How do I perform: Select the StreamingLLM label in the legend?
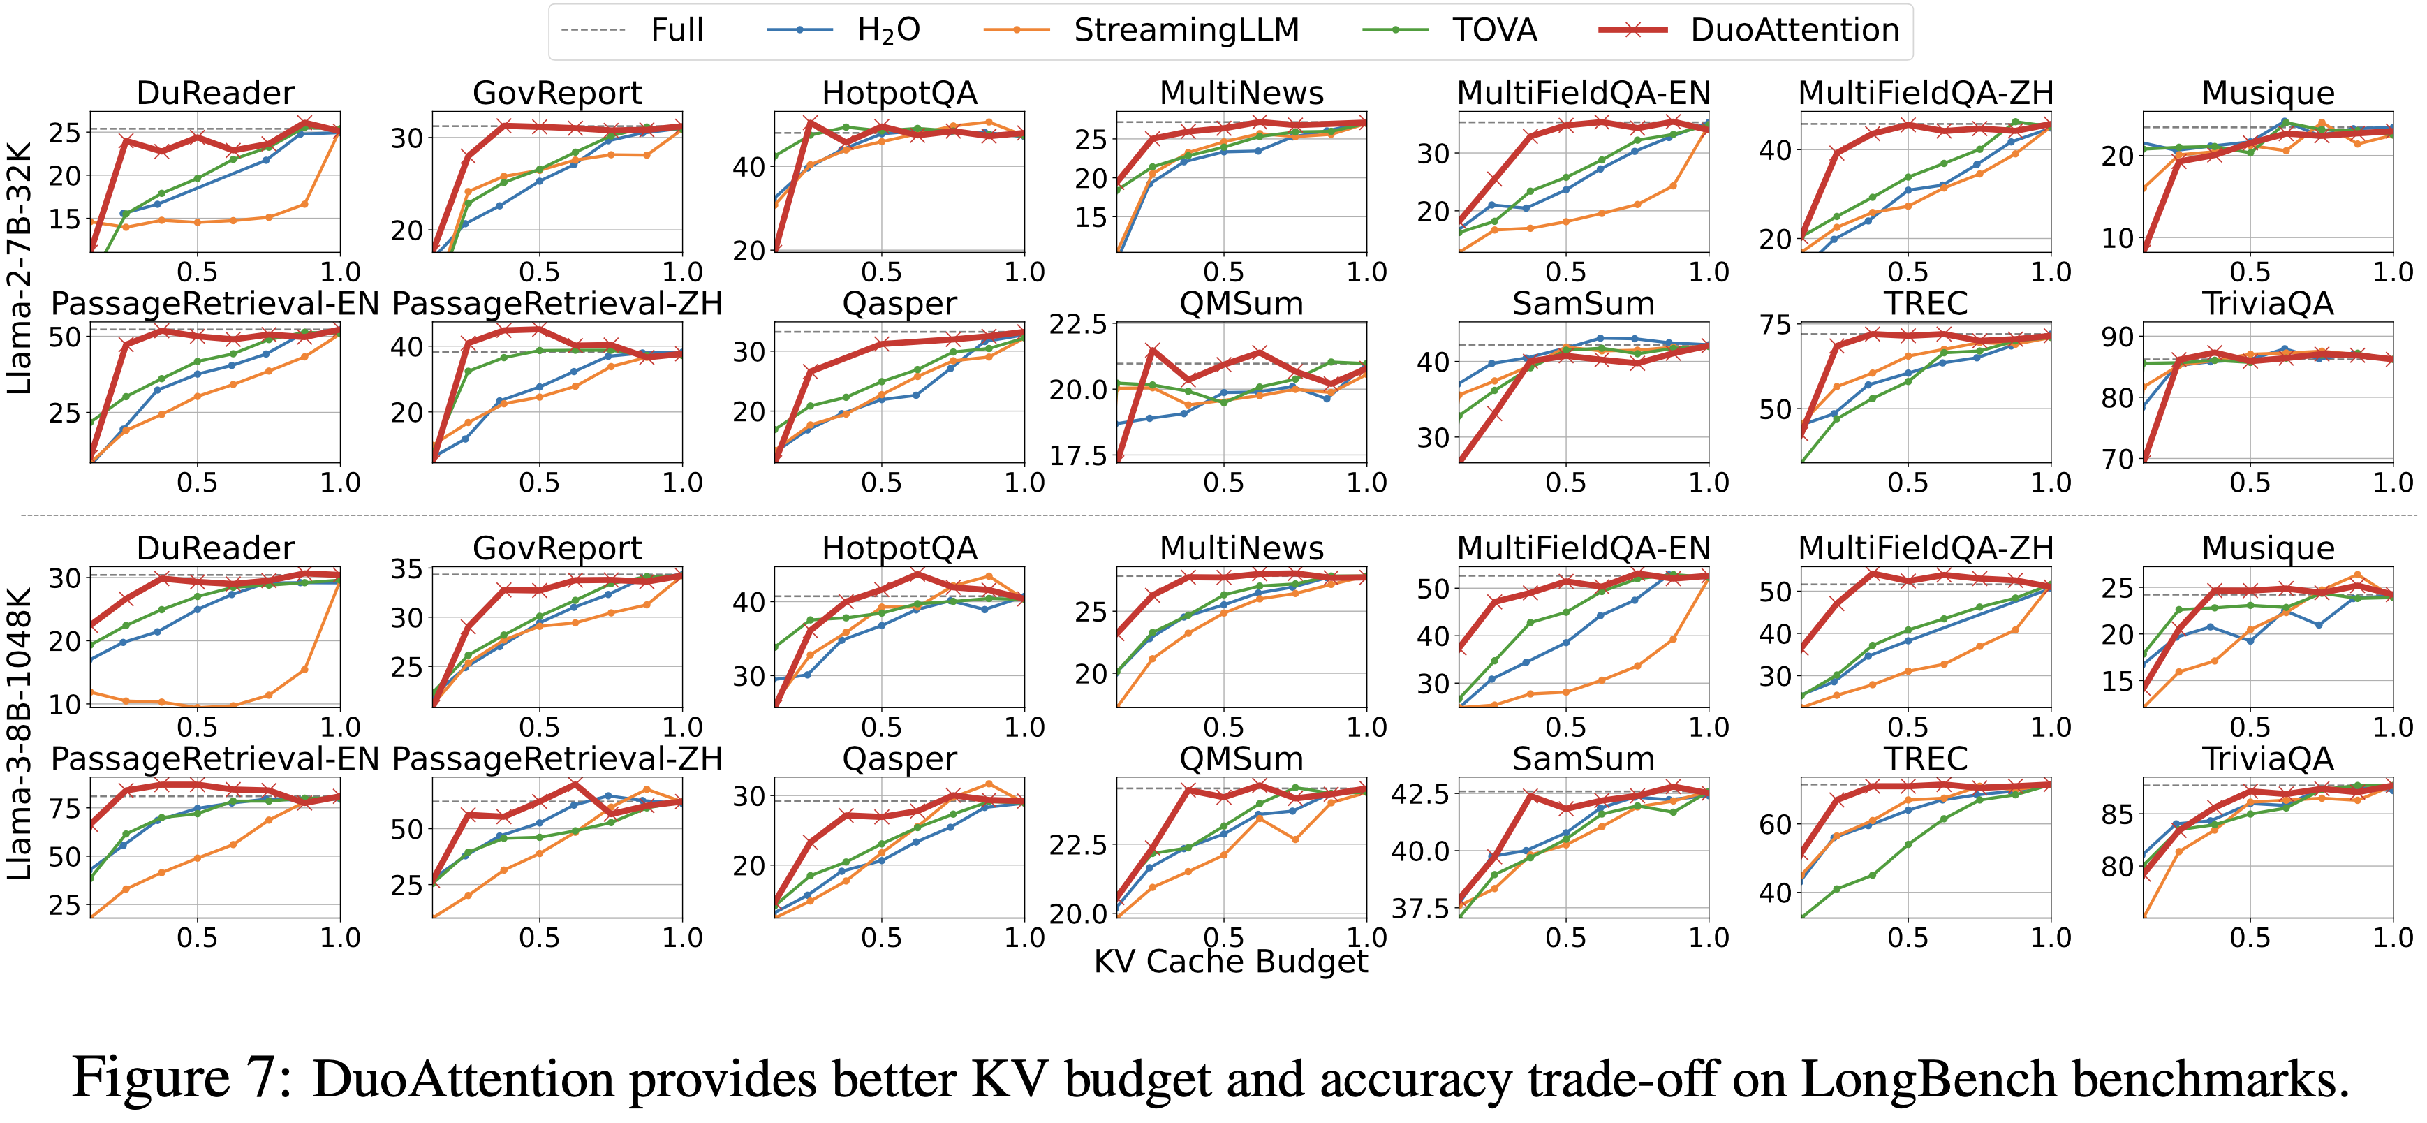1186,30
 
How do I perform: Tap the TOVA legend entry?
1493,30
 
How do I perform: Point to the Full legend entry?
677,30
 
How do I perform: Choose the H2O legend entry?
887,30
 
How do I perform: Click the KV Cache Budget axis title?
1230,962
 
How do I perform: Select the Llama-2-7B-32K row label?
21,268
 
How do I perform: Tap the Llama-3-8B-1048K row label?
21,734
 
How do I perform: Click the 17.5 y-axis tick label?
1081,456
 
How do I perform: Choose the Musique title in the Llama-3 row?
2268,548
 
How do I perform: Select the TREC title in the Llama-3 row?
1926,758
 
